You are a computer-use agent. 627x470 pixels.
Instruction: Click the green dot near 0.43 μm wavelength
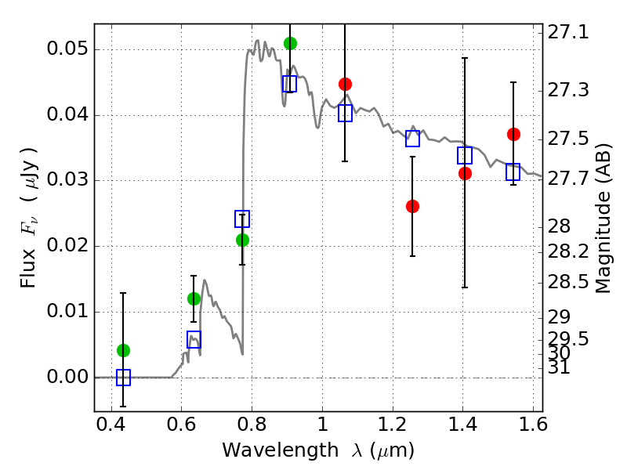click(124, 350)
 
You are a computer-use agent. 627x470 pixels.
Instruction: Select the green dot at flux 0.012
click(194, 298)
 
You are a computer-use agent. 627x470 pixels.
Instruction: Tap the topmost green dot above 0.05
click(290, 43)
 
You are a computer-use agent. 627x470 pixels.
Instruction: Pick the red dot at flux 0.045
click(345, 85)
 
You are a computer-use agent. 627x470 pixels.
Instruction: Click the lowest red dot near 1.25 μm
click(413, 206)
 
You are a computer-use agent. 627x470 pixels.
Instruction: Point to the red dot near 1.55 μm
click(513, 134)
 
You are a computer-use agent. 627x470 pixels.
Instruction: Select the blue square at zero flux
click(124, 378)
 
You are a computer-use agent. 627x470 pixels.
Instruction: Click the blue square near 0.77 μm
click(242, 219)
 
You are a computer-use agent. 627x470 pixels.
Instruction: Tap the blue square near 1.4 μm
click(465, 155)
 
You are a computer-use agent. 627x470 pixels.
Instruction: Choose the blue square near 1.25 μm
click(413, 139)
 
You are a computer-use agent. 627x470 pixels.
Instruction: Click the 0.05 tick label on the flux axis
click(67, 49)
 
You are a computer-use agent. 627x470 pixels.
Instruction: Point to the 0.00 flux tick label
click(67, 377)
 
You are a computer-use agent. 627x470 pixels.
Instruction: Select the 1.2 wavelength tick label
click(393, 425)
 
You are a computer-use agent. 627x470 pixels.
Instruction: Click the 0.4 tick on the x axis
click(111, 425)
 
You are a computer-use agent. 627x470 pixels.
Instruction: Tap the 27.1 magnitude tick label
click(568, 32)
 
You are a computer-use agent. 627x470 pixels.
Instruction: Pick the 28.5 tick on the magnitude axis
click(568, 282)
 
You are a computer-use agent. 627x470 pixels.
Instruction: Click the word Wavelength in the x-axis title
click(281, 450)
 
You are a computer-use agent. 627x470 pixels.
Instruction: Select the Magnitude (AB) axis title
click(603, 219)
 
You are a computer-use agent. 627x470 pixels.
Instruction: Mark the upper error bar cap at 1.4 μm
click(465, 58)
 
